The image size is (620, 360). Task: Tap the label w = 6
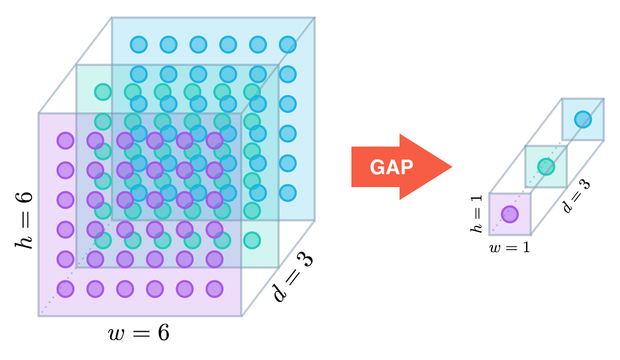[139, 333]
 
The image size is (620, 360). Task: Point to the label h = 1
[477, 214]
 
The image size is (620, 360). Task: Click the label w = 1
[510, 247]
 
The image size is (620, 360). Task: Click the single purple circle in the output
[510, 214]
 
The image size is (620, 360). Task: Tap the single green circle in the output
[546, 167]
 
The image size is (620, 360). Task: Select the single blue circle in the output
[583, 119]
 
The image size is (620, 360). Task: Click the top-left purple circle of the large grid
[65, 141]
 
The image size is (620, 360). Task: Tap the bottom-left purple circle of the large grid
[65, 289]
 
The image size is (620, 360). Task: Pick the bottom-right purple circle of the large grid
[215, 289]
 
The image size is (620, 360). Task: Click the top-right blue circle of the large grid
[288, 45]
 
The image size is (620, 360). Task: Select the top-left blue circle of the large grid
[139, 45]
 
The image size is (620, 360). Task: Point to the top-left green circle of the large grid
[103, 92]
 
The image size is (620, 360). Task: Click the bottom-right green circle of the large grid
[252, 240]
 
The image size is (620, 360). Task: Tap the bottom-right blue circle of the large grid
[288, 193]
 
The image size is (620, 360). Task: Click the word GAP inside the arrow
[392, 167]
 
